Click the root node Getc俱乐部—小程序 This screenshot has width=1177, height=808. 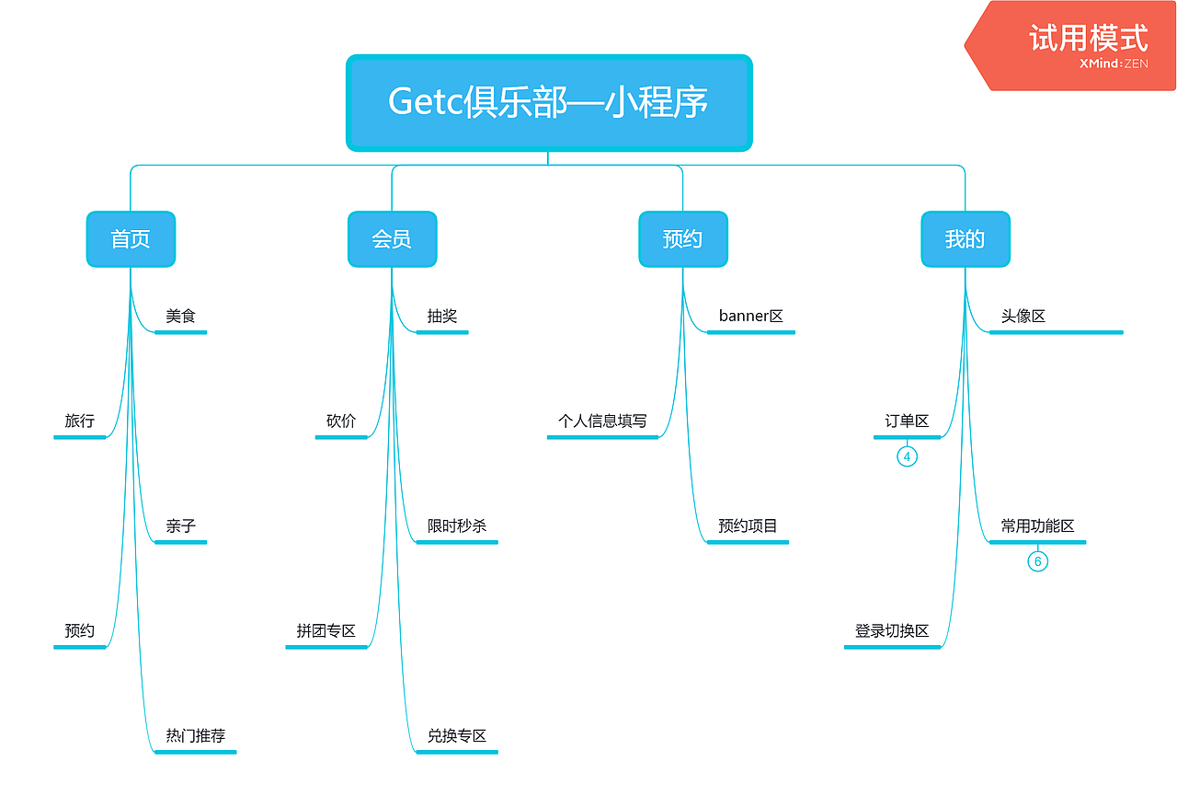[549, 102]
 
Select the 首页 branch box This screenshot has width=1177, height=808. [131, 239]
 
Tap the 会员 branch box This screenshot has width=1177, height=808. [392, 239]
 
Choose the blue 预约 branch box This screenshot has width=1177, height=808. [682, 239]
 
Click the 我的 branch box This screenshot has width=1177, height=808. [965, 239]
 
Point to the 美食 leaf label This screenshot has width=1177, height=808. [181, 317]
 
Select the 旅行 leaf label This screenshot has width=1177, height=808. [80, 421]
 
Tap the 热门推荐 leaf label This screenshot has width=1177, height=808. [196, 736]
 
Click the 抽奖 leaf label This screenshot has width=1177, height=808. [442, 317]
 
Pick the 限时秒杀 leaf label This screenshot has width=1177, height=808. [457, 526]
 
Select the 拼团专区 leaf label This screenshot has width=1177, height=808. [326, 631]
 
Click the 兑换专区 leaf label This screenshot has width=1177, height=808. [457, 736]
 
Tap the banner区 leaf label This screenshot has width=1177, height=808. [751, 317]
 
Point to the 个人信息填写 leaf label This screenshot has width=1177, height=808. [602, 421]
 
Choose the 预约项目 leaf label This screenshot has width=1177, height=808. [748, 526]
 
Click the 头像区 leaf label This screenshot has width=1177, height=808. [1023, 317]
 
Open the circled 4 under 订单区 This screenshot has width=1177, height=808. [907, 456]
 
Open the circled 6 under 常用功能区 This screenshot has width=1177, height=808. [1037, 561]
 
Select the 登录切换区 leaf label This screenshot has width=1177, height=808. [892, 631]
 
